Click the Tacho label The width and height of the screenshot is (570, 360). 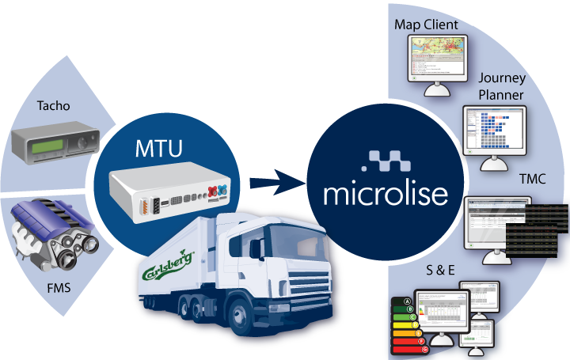click(x=53, y=105)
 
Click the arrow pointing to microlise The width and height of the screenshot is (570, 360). click(x=273, y=184)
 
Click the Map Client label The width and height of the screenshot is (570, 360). click(x=426, y=25)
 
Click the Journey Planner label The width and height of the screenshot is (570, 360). click(x=501, y=86)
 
